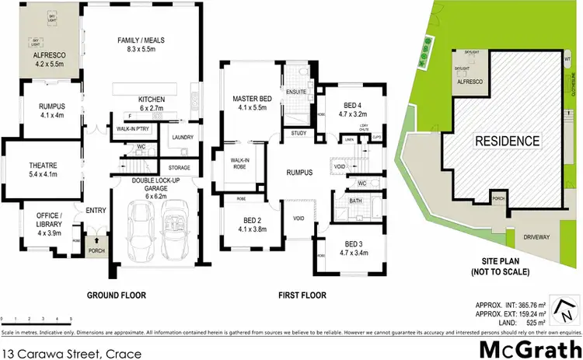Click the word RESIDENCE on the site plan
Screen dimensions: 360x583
point(507,142)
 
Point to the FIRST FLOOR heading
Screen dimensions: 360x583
point(302,295)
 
